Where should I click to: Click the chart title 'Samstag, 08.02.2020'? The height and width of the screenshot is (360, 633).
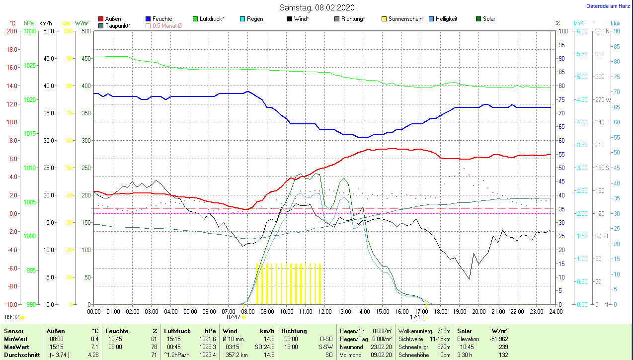(316, 7)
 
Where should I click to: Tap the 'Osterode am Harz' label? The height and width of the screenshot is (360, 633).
(609, 6)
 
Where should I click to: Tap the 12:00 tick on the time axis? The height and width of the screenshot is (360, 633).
(324, 311)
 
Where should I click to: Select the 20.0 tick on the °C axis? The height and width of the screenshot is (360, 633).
(11, 31)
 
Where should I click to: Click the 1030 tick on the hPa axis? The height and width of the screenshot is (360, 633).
(29, 31)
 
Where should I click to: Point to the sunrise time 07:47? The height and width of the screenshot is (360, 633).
(234, 317)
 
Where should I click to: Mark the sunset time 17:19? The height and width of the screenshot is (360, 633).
(416, 317)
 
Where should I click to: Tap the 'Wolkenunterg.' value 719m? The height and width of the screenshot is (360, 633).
(444, 331)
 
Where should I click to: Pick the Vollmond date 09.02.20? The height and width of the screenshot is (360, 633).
(382, 355)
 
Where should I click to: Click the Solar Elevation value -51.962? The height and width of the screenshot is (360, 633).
(498, 339)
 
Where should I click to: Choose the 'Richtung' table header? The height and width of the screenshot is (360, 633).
(294, 331)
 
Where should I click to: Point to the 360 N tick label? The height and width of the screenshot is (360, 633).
(603, 31)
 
